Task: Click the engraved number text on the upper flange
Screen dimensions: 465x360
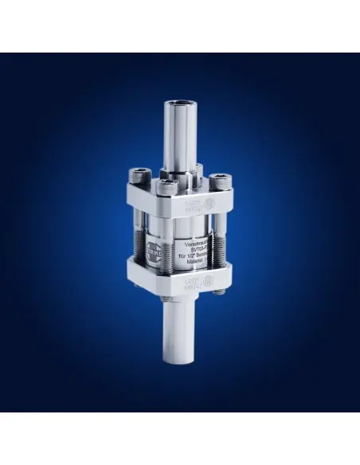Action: pos(201,205)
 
